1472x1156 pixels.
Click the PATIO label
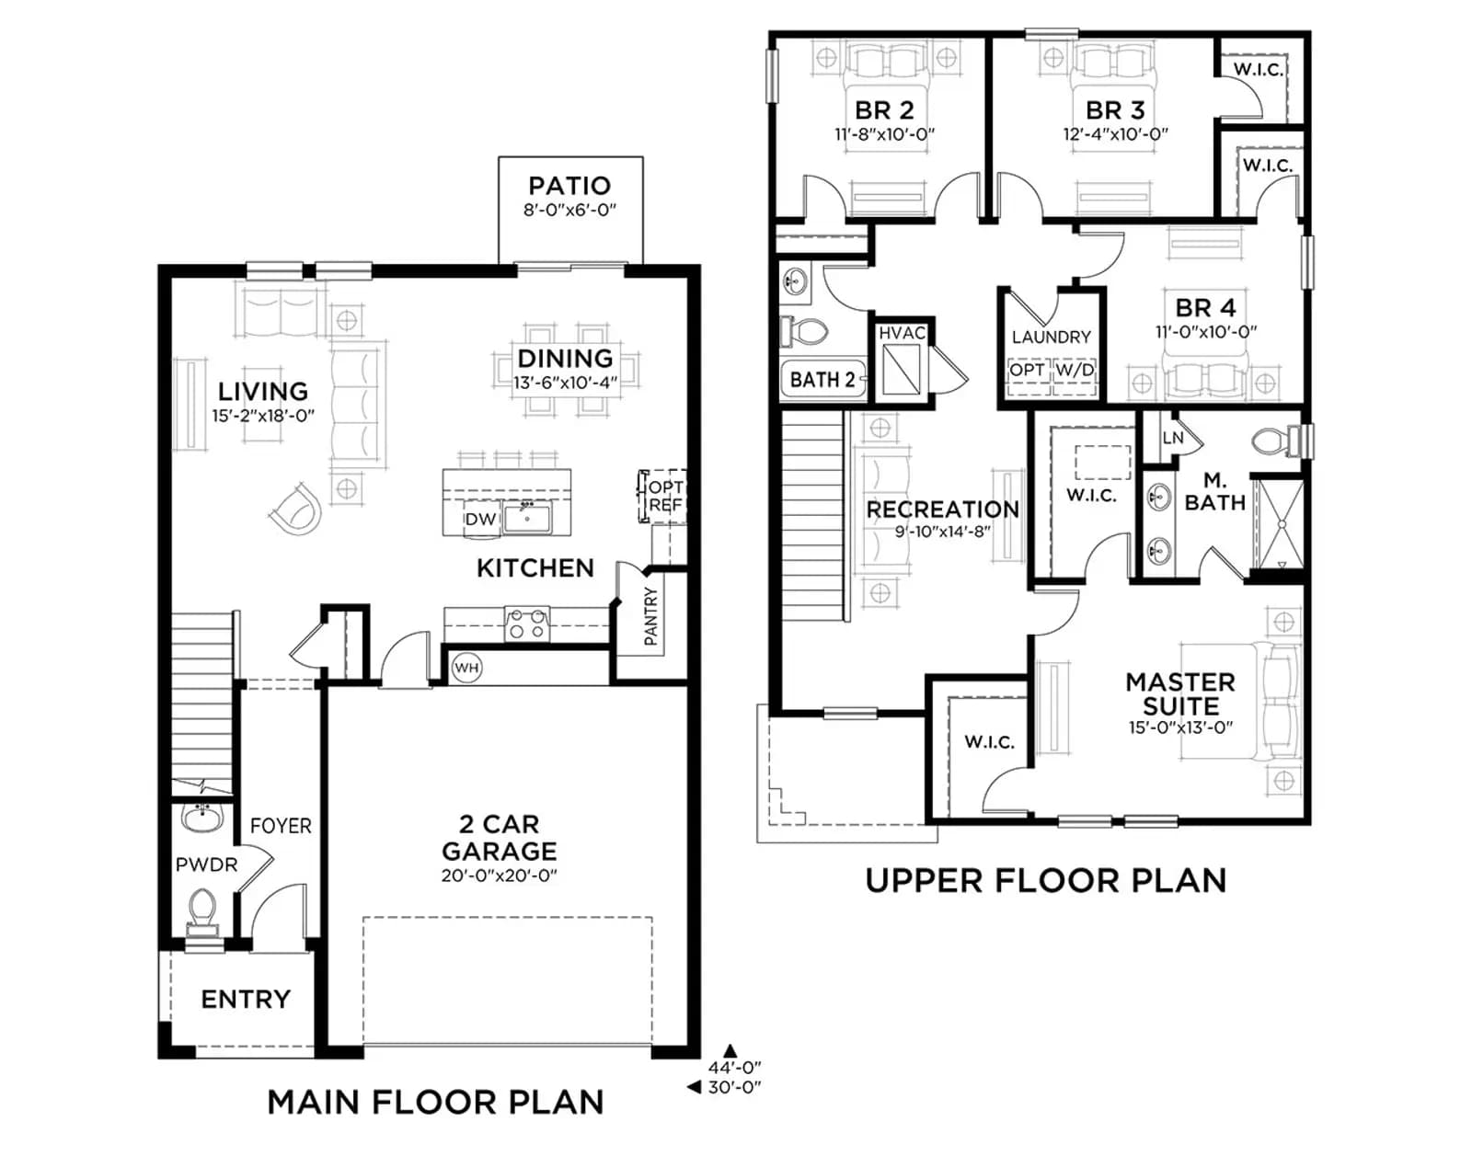(569, 186)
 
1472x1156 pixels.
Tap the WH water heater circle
(466, 668)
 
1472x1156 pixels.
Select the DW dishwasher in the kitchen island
(482, 519)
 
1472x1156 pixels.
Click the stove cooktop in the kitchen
(527, 624)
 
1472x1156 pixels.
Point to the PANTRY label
(651, 616)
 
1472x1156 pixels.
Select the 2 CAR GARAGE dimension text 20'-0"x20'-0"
(500, 876)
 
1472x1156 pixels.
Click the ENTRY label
(246, 999)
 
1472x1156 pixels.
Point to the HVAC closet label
(903, 333)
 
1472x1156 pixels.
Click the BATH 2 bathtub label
(822, 380)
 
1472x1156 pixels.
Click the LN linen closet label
(1173, 438)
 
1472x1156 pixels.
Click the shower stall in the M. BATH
(1279, 524)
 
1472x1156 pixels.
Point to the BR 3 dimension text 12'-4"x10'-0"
(1116, 134)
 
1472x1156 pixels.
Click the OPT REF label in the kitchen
(664, 496)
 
